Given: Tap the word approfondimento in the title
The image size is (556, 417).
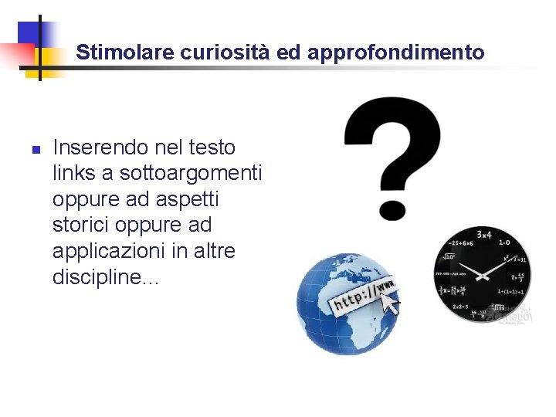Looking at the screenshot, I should click(396, 53).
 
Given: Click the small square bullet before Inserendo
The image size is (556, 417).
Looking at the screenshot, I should click(35, 149).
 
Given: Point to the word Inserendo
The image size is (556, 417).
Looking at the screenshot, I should click(100, 147).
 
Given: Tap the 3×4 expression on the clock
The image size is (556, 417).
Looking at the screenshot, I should click(484, 234).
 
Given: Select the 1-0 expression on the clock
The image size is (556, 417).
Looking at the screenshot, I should click(503, 242).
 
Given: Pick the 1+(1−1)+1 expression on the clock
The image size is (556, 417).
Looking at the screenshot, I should click(510, 291).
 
